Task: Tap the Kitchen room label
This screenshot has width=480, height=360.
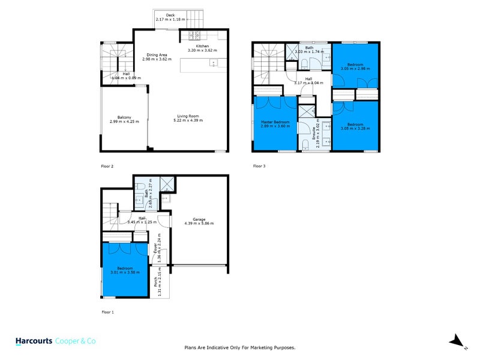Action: click(x=202, y=46)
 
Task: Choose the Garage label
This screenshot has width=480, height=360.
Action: click(x=199, y=219)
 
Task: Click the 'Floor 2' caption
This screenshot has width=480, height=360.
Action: click(x=107, y=165)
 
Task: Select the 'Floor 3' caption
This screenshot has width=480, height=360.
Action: click(x=259, y=165)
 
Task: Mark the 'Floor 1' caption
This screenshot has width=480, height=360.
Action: click(x=107, y=312)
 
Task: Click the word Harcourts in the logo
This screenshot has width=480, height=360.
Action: click(x=33, y=341)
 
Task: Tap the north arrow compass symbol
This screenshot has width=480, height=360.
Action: click(x=458, y=341)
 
